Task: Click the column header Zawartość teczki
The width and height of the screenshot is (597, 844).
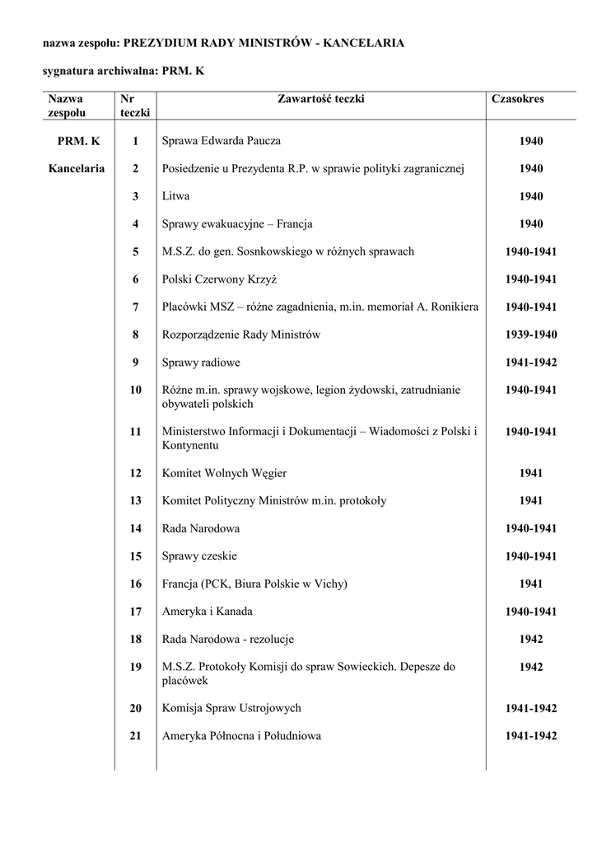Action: (x=321, y=99)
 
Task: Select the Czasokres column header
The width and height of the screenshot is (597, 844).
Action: (x=517, y=99)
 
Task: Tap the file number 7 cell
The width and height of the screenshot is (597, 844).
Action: (x=135, y=307)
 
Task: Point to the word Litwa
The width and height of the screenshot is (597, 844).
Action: (x=176, y=196)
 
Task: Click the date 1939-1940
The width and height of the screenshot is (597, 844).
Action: (x=531, y=335)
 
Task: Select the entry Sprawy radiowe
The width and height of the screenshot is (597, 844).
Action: (x=202, y=362)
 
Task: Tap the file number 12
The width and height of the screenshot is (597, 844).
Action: (x=135, y=473)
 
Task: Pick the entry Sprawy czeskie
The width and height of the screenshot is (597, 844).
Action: (x=200, y=556)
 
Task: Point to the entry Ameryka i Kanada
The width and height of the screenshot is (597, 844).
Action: (x=208, y=612)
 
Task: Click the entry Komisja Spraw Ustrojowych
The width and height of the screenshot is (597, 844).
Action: (x=231, y=708)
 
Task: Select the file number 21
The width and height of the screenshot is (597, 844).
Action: (x=135, y=735)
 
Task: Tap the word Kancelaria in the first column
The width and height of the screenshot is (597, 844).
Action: (x=77, y=169)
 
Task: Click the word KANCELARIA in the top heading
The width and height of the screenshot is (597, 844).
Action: (x=364, y=43)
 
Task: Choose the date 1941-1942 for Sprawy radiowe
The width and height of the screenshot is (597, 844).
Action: (x=531, y=362)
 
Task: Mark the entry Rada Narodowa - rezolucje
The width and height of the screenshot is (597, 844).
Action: (x=228, y=639)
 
